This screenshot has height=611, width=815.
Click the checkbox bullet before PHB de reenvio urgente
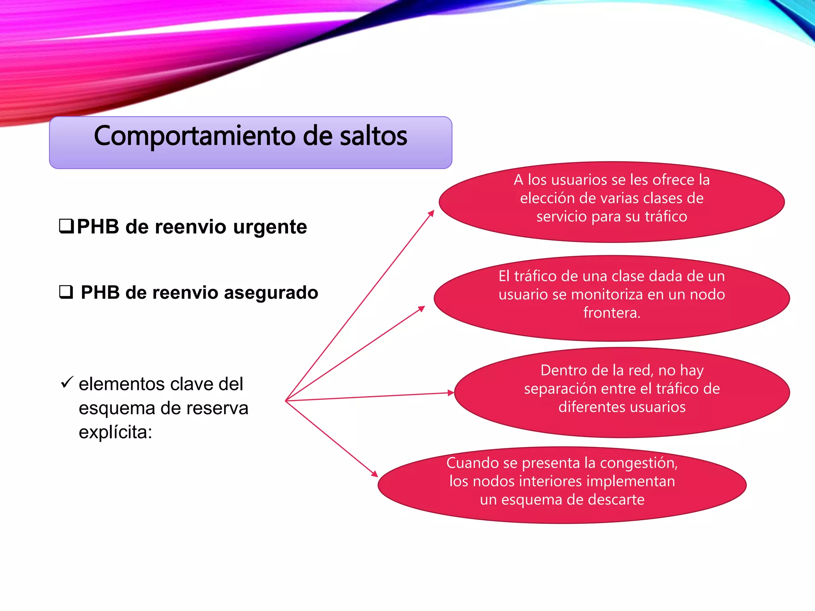(x=66, y=226)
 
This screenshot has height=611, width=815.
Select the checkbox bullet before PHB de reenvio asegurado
(x=66, y=292)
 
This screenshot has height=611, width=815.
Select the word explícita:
(x=115, y=432)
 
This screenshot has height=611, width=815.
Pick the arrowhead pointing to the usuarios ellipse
(x=431, y=213)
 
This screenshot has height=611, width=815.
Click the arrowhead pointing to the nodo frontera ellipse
(x=422, y=308)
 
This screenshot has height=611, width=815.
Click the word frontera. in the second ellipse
(x=612, y=313)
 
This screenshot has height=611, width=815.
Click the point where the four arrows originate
(x=286, y=401)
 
